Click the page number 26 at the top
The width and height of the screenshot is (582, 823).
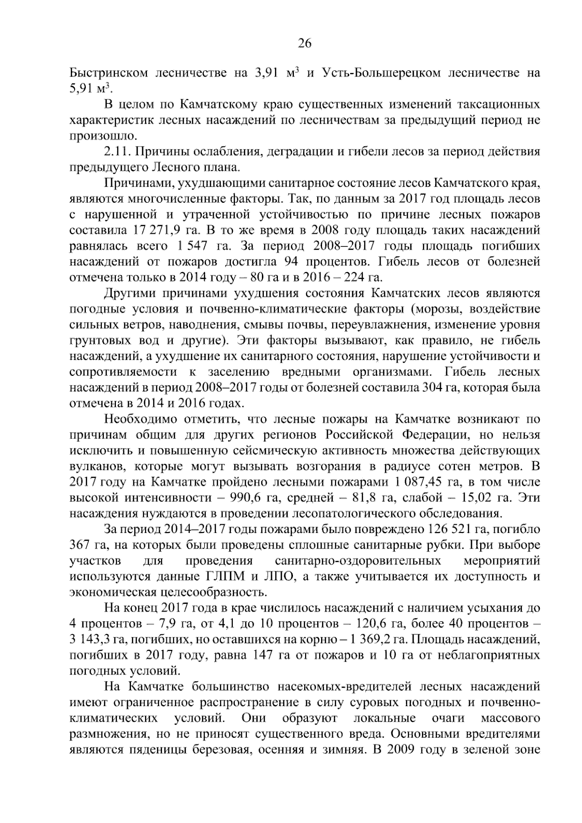tap(304, 44)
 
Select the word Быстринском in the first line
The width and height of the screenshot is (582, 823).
tap(109, 74)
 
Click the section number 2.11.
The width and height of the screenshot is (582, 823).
tap(117, 152)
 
